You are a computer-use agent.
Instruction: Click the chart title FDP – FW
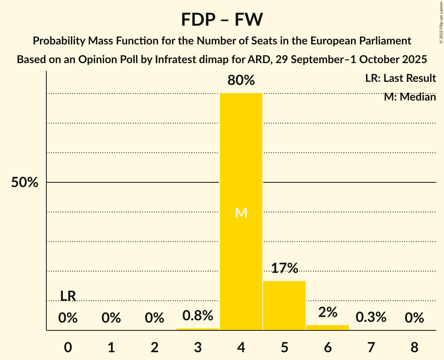coord(222,19)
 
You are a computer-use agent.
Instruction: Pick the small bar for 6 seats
coord(328,328)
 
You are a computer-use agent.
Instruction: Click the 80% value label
coord(241,81)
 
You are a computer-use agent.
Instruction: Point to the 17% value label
coord(285,268)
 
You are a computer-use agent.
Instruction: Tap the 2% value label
coord(328,312)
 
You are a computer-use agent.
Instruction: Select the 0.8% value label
coord(198,315)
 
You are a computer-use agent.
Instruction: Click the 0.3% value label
coord(371,318)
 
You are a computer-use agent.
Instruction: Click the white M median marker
coord(241,213)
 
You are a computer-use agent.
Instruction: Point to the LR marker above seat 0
coord(68,296)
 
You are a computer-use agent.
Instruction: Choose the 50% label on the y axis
coord(25,182)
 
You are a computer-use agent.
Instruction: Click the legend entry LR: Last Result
coord(400,78)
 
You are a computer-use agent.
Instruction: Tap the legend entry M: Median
coord(410,97)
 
